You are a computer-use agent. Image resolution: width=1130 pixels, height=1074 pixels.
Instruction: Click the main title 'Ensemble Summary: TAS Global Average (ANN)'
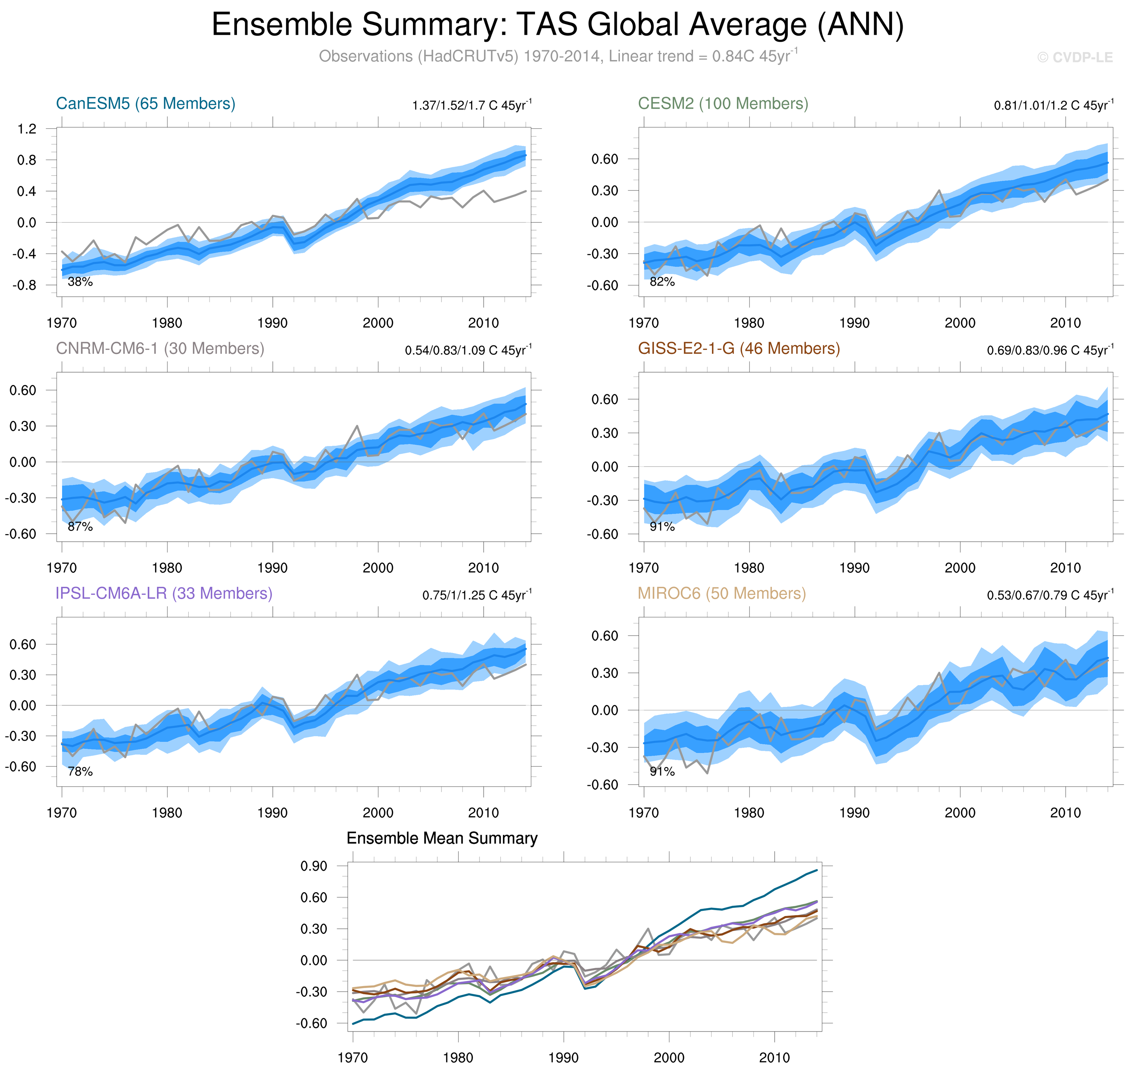point(557,25)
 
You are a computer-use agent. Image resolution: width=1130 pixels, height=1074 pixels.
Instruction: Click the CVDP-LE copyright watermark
point(1074,57)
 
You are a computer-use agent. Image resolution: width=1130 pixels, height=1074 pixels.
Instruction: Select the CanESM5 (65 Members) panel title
point(146,104)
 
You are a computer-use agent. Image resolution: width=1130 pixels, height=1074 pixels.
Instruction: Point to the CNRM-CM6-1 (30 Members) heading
point(160,349)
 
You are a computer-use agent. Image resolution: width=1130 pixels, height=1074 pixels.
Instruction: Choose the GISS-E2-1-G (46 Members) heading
point(739,349)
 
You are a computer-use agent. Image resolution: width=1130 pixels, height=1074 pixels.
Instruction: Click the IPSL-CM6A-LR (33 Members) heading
point(164,594)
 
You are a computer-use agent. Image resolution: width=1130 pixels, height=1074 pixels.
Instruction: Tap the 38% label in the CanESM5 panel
point(80,282)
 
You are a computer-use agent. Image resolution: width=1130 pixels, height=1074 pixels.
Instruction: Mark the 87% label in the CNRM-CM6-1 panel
point(80,527)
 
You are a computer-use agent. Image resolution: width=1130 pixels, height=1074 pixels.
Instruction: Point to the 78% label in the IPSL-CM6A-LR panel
point(80,772)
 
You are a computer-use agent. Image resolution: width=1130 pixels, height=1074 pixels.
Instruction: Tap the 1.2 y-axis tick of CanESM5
point(27,129)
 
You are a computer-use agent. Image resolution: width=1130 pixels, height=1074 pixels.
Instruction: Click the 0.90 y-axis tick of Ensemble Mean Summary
point(314,866)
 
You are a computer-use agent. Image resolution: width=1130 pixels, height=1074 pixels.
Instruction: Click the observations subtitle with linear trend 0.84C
point(557,57)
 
